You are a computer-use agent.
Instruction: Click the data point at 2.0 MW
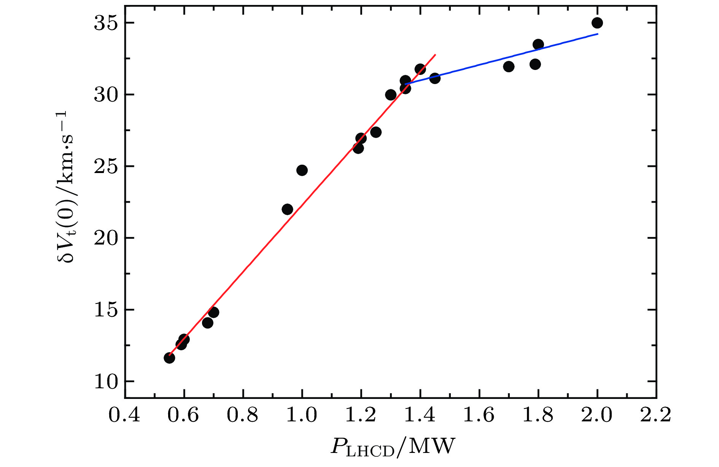coord(597,23)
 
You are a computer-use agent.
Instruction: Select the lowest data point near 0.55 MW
coord(169,358)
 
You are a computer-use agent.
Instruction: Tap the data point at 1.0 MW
coord(302,170)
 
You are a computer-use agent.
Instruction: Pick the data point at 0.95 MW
coord(287,209)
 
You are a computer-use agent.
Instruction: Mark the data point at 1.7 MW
coord(509,67)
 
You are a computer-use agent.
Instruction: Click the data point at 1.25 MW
coord(376,132)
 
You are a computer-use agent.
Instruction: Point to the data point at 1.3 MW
coord(391,95)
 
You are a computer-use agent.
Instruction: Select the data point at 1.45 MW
coord(435,78)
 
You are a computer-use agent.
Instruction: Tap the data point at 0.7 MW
coord(213,312)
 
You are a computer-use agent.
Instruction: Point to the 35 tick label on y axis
coord(105,23)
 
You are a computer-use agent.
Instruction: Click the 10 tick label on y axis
coord(105,381)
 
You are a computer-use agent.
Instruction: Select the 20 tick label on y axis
coord(105,238)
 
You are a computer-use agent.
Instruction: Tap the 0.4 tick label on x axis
coord(124,415)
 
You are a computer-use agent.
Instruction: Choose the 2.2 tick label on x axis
coord(656,415)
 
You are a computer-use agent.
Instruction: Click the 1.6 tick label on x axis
coord(479,415)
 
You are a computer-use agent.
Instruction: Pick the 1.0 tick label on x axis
coord(301,415)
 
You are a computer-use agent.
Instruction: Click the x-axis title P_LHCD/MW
coord(393,447)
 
